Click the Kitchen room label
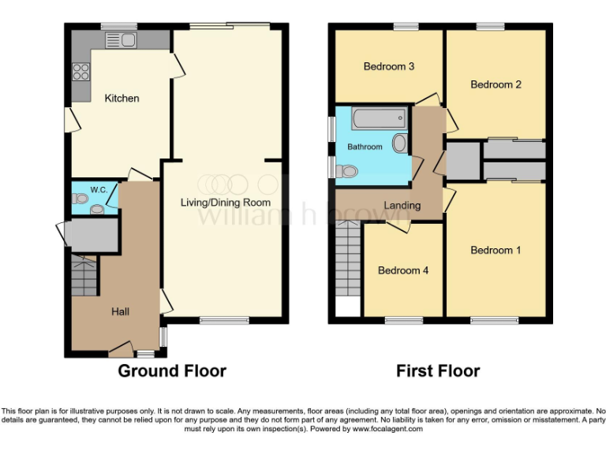(122, 99)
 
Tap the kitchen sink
(121, 39)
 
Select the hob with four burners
(80, 72)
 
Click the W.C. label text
(99, 189)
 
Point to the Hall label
(120, 312)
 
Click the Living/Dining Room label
(226, 203)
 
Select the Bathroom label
(365, 147)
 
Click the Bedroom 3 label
(389, 67)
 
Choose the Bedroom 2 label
(496, 84)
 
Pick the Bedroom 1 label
(496, 251)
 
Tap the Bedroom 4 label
(403, 270)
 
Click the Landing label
(402, 206)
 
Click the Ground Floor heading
(172, 370)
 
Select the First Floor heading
(438, 370)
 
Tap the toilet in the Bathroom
(346, 171)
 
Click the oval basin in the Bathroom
(399, 143)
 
